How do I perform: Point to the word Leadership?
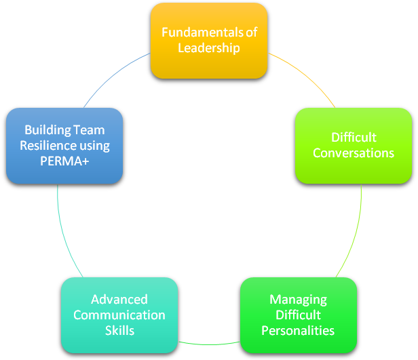tap(208, 48)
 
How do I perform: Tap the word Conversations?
tap(353, 153)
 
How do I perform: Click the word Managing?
tap(299, 299)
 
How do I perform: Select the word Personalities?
tap(299, 331)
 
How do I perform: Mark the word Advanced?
tap(119, 300)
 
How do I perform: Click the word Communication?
tap(119, 315)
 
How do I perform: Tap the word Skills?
tap(119, 331)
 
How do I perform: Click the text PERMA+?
tap(64, 161)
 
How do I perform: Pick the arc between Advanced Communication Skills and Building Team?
tap(62, 231)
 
